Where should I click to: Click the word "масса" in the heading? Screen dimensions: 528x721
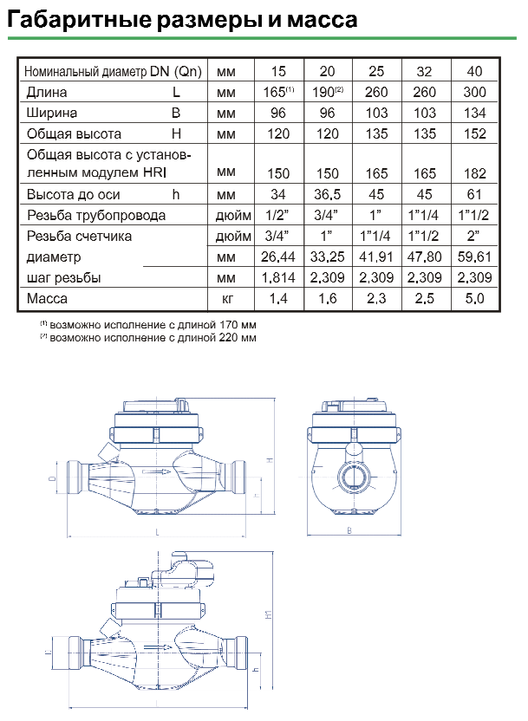(323, 20)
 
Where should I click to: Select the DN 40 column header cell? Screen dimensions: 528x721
(474, 71)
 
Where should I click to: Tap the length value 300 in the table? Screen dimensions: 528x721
(474, 92)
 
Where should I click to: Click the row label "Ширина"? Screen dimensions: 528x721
(51, 114)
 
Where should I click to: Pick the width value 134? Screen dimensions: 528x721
(474, 114)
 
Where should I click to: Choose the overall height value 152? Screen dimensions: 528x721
(474, 133)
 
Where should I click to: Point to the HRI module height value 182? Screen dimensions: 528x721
(474, 173)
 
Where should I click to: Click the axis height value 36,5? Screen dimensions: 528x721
(327, 194)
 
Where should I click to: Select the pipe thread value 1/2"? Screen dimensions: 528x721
(277, 215)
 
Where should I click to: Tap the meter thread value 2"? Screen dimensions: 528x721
(473, 236)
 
